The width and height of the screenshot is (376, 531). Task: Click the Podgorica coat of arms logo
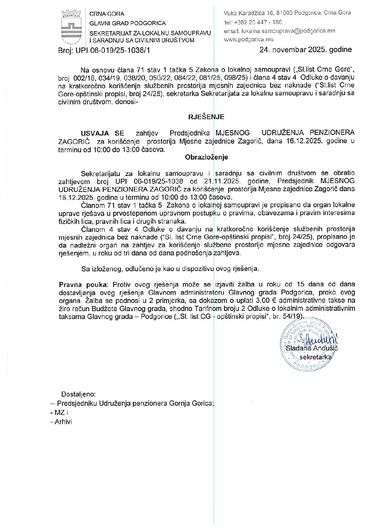[71, 27]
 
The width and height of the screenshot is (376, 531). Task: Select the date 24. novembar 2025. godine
[305, 50]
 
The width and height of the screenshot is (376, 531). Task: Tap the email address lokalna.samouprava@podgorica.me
[279, 31]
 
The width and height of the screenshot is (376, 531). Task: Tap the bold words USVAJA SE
[102, 133]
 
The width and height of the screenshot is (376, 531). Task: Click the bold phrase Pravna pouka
[83, 284]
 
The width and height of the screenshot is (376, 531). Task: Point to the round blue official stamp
[306, 344]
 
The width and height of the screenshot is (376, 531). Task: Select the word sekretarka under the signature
[316, 357]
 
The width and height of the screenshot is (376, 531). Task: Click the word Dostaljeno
[78, 394]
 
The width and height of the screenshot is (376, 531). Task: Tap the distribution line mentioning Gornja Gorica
[135, 403]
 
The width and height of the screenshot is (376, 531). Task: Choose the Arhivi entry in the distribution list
[63, 422]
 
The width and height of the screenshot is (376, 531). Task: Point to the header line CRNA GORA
[107, 14]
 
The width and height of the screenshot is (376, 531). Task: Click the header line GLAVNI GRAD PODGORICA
[127, 23]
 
